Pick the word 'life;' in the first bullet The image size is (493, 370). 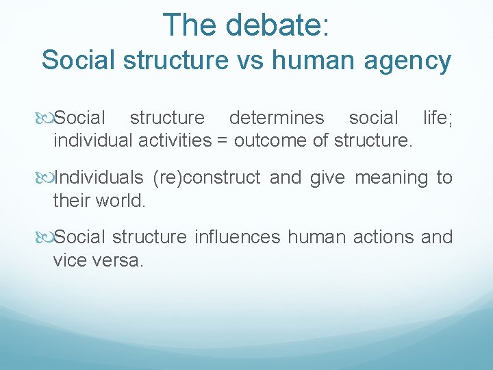[438, 118]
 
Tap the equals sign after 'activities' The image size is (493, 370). [223, 141]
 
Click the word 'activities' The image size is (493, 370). [175, 141]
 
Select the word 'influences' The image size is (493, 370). [238, 237]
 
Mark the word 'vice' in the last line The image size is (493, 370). [68, 260]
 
